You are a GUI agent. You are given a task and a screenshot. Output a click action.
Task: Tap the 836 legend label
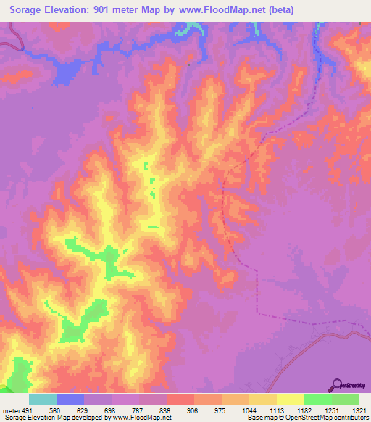tap(166, 410)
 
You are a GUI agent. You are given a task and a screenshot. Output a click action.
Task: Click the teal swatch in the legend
tap(43, 400)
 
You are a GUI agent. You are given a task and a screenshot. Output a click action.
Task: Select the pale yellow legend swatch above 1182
tap(291, 400)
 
